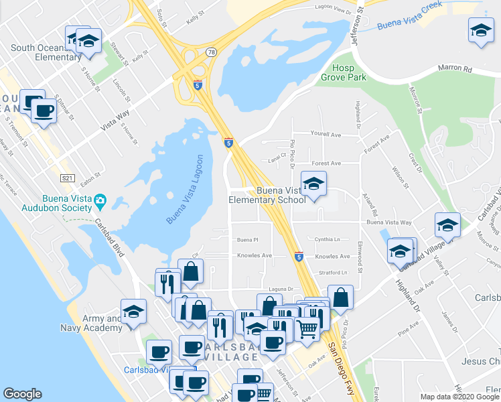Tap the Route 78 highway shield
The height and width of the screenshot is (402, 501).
click(211, 52)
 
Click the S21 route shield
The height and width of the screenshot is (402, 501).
click(67, 178)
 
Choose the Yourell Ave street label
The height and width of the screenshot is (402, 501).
click(326, 134)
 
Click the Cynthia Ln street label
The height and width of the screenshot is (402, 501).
click(328, 239)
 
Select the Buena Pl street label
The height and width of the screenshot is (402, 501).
click(247, 239)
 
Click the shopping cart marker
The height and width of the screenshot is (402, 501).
click(307, 328)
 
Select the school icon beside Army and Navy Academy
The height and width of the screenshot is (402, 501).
click(134, 312)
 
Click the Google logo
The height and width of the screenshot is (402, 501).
click(22, 394)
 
